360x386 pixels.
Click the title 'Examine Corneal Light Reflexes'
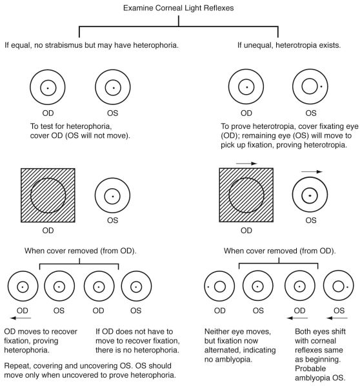[x=179, y=8]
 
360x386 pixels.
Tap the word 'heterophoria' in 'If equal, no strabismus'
[x=155, y=45]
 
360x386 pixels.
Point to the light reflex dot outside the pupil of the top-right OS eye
[x=321, y=86]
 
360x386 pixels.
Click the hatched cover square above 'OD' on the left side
[x=48, y=195]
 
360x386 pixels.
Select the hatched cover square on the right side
[x=246, y=195]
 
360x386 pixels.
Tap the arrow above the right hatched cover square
[x=246, y=163]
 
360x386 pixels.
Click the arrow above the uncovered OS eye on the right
[x=312, y=171]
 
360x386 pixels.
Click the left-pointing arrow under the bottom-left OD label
[x=21, y=318]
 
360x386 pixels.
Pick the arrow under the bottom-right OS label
[x=337, y=318]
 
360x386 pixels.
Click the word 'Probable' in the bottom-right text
[x=310, y=369]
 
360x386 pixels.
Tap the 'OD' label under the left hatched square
[x=48, y=231]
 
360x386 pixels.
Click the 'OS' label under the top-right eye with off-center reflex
[x=311, y=113]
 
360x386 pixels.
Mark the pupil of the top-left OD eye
[x=48, y=88]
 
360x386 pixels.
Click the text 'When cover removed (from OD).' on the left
[x=81, y=251]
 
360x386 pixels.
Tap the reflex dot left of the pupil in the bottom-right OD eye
[x=208, y=287]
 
